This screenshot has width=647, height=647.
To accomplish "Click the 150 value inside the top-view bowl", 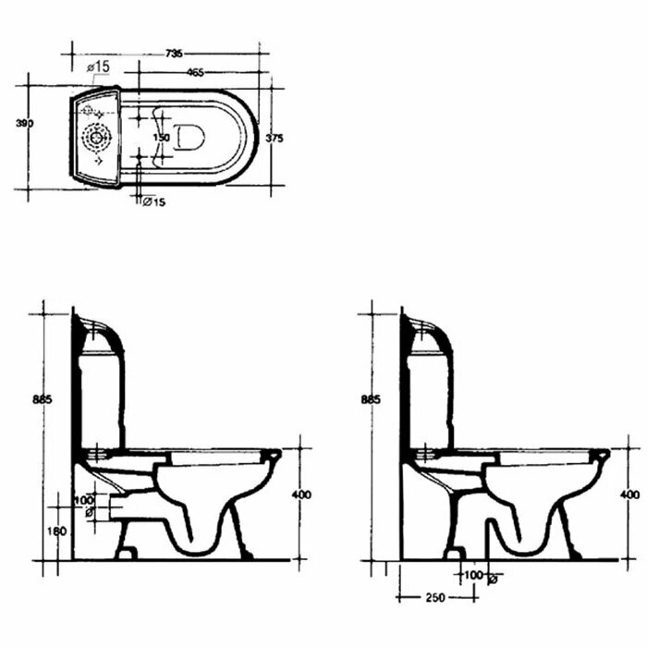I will (161, 138).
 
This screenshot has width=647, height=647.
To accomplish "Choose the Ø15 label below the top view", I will (153, 202).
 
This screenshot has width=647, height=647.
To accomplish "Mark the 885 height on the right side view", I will (370, 399).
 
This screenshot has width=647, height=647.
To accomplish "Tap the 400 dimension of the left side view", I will (301, 495).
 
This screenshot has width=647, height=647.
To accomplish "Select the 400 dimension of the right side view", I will (630, 494).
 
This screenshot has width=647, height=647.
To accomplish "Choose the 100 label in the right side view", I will (472, 576).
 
